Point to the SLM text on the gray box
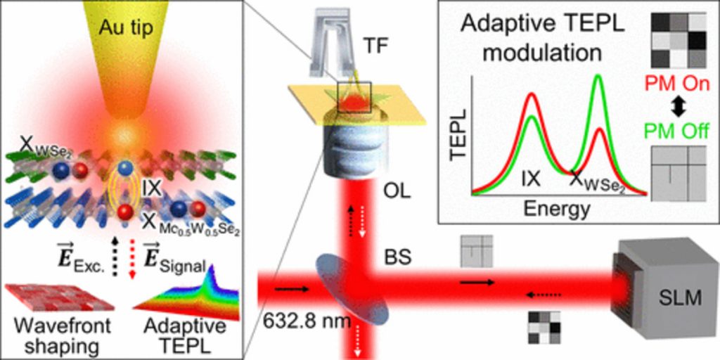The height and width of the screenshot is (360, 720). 681,300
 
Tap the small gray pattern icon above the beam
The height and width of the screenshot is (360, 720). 477,251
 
